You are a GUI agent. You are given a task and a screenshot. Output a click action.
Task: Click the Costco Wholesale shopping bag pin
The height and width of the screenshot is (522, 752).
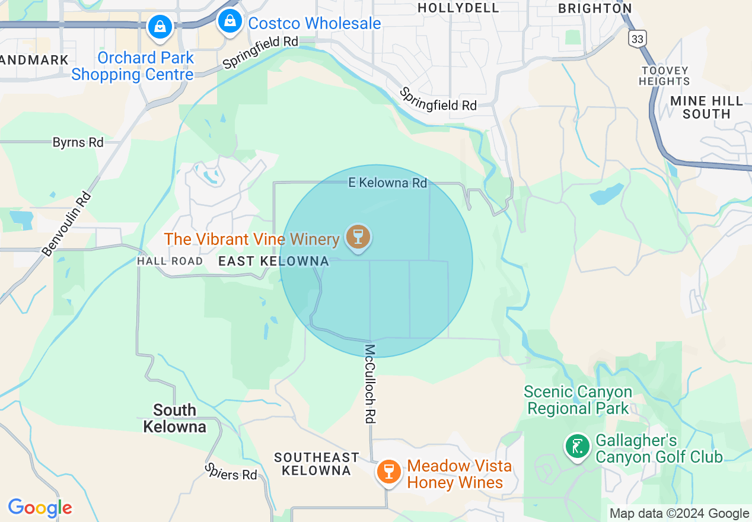230,22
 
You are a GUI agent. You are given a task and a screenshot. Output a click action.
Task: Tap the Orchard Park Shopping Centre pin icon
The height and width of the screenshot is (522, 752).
160,27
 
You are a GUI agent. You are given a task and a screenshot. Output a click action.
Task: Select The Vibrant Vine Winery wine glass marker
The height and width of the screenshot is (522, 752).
357,237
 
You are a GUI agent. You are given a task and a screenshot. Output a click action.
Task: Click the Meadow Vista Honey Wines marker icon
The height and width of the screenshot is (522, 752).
389,472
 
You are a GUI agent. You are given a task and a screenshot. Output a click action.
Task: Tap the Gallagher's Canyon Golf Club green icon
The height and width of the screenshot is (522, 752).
576,446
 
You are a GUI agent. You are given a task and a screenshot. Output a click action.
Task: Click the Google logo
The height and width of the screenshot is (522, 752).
40,508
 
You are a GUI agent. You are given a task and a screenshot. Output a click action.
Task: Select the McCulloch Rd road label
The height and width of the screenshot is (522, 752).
371,384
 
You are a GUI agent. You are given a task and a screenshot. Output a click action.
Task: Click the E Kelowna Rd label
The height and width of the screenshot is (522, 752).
387,183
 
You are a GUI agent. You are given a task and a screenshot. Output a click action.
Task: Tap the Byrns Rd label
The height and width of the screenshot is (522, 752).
78,142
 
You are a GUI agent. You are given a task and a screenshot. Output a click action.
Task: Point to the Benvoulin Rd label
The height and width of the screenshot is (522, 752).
66,224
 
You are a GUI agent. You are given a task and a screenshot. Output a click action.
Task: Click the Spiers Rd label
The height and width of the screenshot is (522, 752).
231,472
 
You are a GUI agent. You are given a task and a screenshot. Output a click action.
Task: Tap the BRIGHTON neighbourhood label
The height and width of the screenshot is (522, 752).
595,8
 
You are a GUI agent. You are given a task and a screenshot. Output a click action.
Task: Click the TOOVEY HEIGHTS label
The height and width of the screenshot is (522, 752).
664,76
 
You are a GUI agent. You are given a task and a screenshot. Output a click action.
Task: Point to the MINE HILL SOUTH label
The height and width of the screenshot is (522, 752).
706,107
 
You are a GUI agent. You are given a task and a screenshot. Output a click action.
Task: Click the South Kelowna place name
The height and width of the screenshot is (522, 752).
174,418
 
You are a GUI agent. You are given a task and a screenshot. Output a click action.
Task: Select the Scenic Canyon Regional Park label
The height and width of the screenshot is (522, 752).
578,400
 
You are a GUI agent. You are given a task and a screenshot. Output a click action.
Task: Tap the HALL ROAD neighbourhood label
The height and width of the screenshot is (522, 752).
170,261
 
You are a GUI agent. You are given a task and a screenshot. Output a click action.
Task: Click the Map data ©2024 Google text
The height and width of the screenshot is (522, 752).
680,514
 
